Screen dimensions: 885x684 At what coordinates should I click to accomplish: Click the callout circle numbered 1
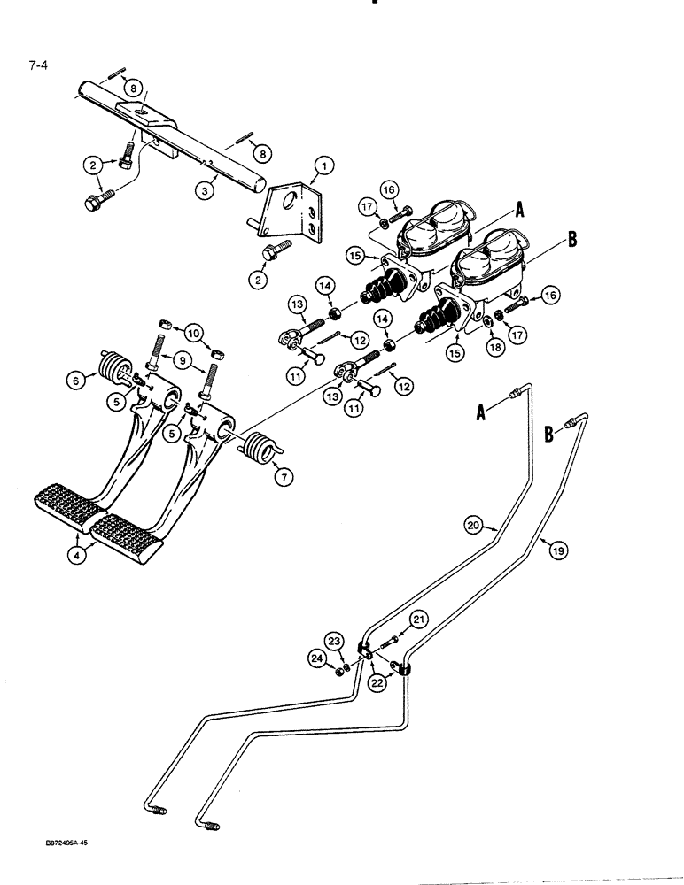pos(324,165)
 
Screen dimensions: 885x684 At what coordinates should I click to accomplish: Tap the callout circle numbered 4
pos(79,557)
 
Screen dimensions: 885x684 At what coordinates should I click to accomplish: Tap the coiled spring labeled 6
pos(113,365)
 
